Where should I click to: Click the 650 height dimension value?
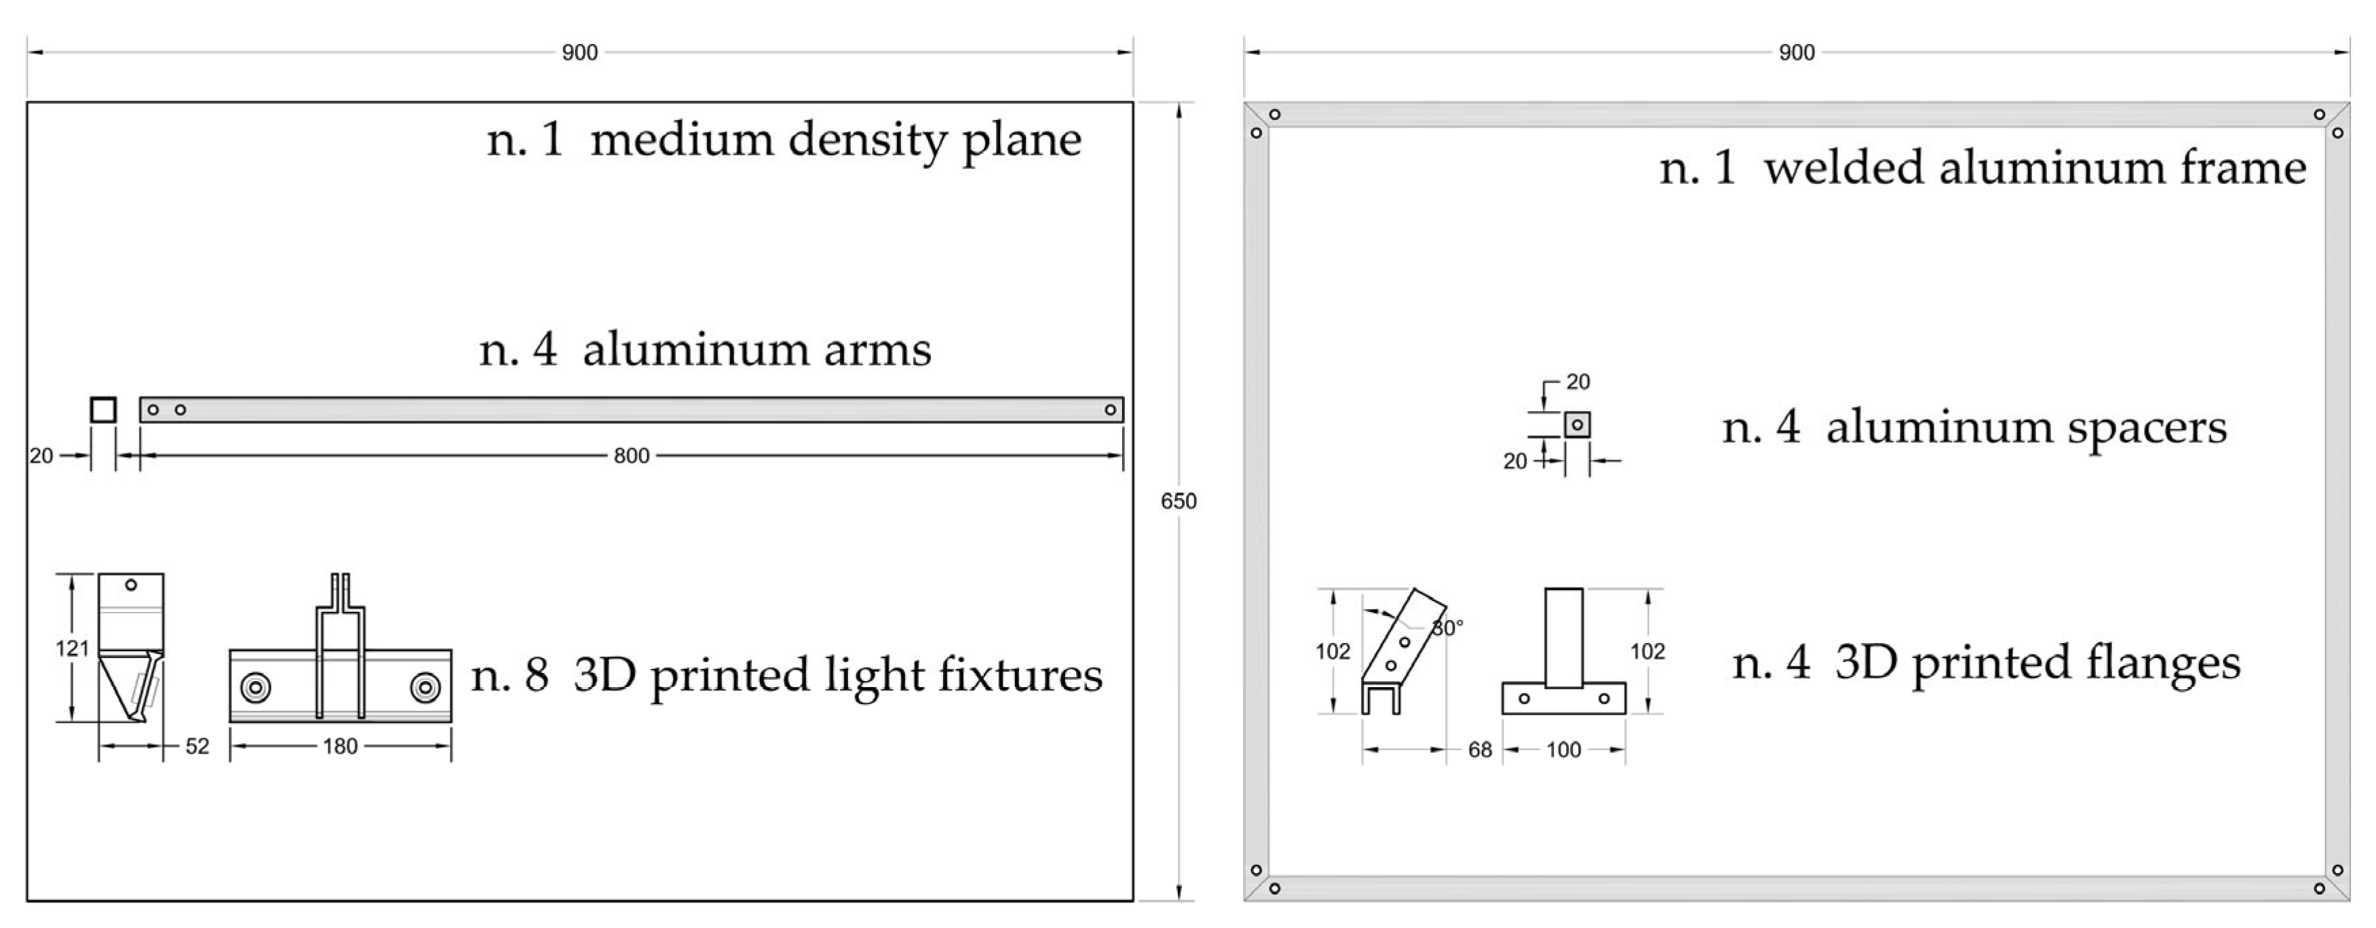click(x=1178, y=501)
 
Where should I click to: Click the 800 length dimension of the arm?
click(x=631, y=456)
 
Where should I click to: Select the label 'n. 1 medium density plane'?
click(x=784, y=140)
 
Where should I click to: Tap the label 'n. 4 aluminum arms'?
click(x=705, y=349)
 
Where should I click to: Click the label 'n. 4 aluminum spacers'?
click(x=1974, y=428)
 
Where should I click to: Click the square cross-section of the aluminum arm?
click(x=103, y=410)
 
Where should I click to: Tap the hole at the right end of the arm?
click(x=1111, y=410)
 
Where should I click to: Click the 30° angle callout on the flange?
click(x=1447, y=628)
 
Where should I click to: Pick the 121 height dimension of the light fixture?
click(x=72, y=649)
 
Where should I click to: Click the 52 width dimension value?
click(x=197, y=746)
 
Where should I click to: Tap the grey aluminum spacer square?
click(x=1577, y=425)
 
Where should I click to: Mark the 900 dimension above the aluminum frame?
click(x=1796, y=53)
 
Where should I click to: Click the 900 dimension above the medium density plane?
click(x=579, y=53)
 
